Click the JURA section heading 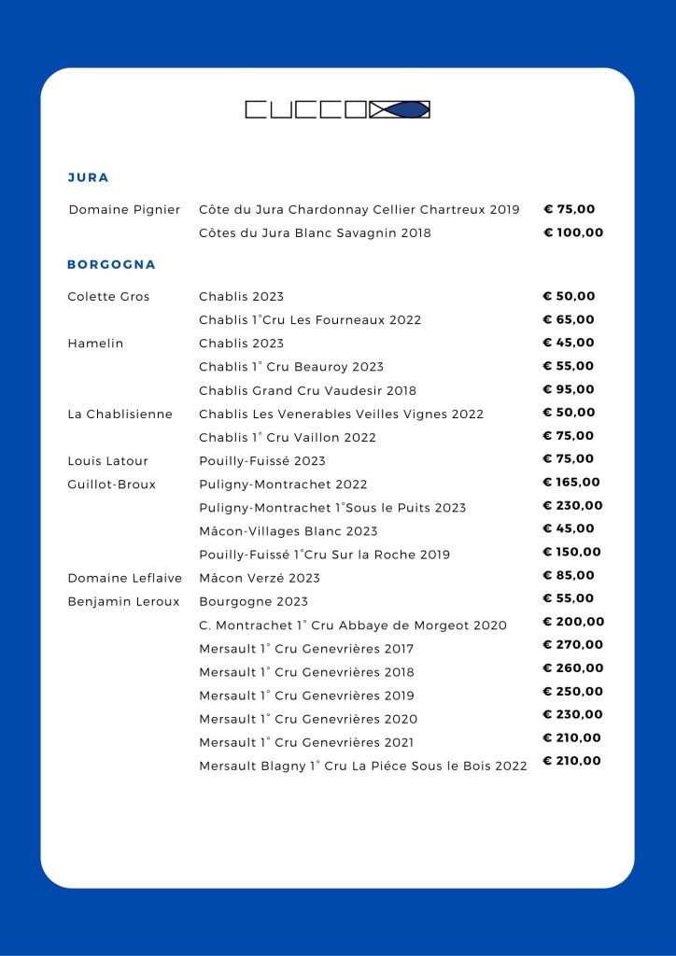click(x=89, y=177)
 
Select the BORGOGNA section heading click(x=112, y=264)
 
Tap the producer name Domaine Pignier click(x=124, y=210)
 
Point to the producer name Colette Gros click(x=108, y=297)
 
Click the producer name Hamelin click(x=95, y=344)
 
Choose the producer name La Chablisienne click(x=120, y=414)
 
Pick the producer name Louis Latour click(x=107, y=461)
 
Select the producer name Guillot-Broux click(x=111, y=485)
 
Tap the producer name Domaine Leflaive click(x=124, y=579)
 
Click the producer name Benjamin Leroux click(x=123, y=602)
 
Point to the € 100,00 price click(x=573, y=232)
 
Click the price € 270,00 click(x=572, y=644)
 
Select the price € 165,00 click(x=571, y=483)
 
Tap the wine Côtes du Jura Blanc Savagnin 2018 click(x=315, y=233)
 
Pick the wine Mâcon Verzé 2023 click(x=260, y=579)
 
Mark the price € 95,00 click(x=569, y=389)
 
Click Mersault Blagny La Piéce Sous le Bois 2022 click(x=363, y=766)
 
